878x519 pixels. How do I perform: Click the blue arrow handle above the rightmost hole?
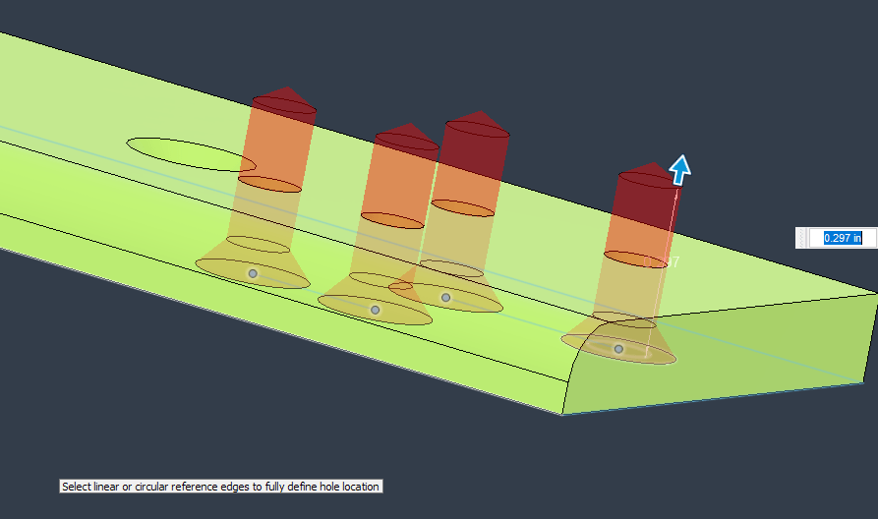point(679,169)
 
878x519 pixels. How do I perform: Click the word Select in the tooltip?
point(76,487)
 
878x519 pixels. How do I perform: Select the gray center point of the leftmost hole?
point(253,273)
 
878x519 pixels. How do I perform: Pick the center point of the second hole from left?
point(375,310)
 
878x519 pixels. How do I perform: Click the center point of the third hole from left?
point(445,297)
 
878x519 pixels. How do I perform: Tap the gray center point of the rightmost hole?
point(618,349)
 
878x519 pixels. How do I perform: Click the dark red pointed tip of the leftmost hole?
point(284,98)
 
